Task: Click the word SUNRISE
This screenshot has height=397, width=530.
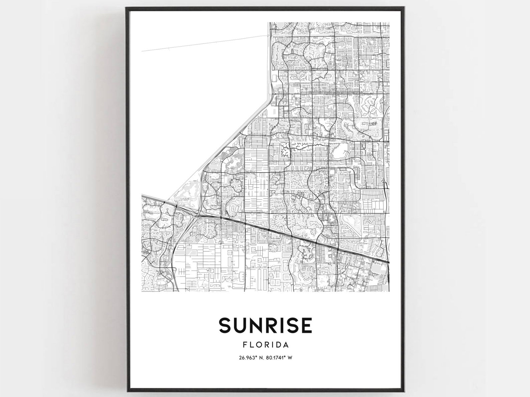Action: coord(265,325)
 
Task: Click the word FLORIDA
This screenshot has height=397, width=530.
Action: coord(265,344)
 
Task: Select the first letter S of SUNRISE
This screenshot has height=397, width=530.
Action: coord(225,325)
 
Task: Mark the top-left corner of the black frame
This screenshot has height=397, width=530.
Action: coord(126,8)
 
